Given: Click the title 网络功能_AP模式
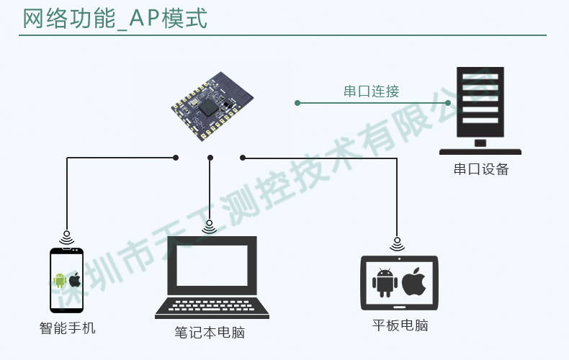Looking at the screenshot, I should coord(115,19).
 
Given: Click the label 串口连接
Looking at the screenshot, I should coord(371,91).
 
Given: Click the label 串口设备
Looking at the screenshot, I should coord(480,170).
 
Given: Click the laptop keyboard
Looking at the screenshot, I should coord(212,307).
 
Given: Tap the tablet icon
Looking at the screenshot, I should coord(398,282).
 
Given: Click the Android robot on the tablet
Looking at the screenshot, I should coord(383,282).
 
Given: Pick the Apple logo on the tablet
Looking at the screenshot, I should coord(414,282).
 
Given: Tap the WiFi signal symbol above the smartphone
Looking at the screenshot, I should coord(66,235).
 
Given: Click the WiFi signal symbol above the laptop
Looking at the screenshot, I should coord(210,227).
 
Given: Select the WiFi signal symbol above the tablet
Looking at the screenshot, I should coord(397,243).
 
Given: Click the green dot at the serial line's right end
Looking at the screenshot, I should coord(448,103).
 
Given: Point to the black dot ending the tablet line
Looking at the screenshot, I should coord(243,157).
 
